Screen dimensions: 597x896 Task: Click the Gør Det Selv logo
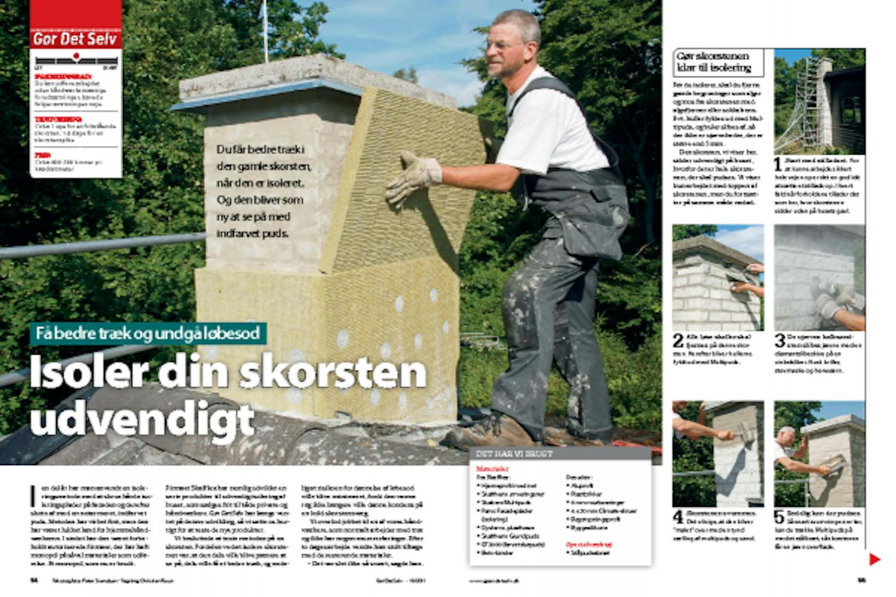pos(76,39)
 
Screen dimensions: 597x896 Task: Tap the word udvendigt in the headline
pos(142,421)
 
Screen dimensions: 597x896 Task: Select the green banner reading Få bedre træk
pos(148,334)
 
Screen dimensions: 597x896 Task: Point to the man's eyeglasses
pos(501,45)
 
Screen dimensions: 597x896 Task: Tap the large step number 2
pos(678,341)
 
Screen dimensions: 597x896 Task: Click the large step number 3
pos(780,341)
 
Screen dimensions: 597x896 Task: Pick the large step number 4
pos(678,517)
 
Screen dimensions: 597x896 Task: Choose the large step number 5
pos(780,517)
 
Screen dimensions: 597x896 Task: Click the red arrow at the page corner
pos(874,559)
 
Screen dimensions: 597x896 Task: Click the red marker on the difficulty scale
pos(76,56)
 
